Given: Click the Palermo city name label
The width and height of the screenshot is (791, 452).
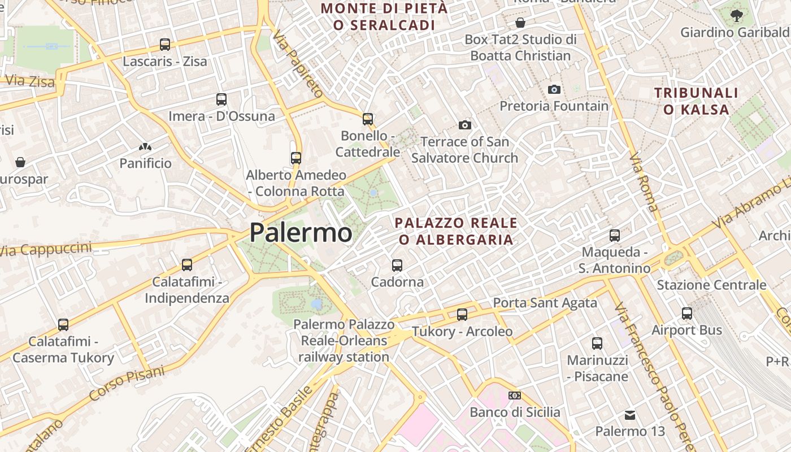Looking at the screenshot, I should point(301,233).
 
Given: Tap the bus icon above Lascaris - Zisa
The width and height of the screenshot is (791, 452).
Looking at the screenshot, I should point(165,44).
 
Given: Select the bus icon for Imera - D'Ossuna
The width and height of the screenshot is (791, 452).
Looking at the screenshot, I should point(221,99).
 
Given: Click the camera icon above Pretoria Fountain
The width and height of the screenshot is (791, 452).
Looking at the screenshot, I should point(554,89).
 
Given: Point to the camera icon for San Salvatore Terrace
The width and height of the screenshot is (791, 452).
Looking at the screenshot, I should point(465,125).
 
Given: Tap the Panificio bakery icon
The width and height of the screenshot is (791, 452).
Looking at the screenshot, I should point(145,147).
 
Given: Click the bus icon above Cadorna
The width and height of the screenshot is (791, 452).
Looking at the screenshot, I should point(397,265).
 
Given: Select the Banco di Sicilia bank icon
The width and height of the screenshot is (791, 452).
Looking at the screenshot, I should point(515,395).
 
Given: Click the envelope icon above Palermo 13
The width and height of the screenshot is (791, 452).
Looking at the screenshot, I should point(630,415).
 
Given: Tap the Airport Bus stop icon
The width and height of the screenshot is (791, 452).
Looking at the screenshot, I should point(687,313).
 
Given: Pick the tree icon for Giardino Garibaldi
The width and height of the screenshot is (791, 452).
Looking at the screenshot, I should point(736,16).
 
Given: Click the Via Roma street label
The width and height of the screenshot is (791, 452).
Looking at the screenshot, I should point(644,182).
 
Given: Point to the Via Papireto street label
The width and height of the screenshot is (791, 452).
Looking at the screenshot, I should point(298,63).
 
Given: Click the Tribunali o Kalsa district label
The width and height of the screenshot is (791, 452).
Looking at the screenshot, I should point(696,101).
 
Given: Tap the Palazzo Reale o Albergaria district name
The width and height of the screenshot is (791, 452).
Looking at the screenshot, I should point(456,231).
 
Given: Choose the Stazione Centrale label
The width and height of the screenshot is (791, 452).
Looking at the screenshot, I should point(711,285).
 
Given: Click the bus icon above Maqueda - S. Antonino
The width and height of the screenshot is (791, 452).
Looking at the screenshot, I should point(615,235).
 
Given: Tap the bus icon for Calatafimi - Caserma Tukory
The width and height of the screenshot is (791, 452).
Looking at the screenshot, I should point(63,325).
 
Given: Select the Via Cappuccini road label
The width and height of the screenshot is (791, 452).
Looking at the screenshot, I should point(45,249).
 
